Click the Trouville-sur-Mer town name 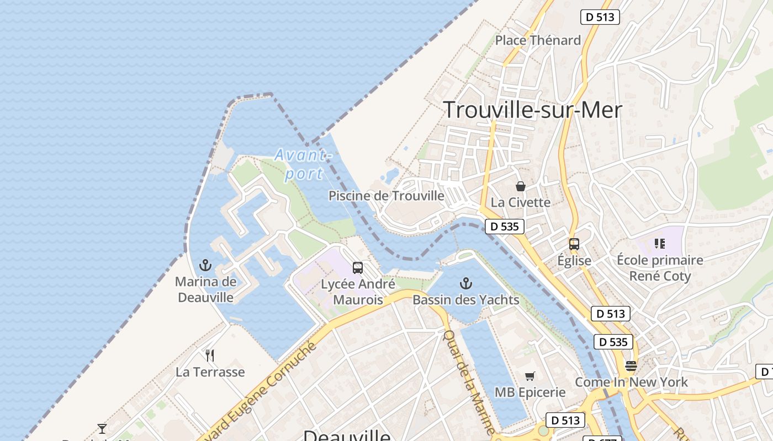point(532,110)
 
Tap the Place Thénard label point(538,40)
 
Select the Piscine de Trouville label point(386,196)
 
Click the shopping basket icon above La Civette point(520,186)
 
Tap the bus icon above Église point(574,244)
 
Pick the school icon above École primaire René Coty point(659,243)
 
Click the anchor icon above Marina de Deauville point(205,265)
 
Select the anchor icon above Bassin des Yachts point(466,284)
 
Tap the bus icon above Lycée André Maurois point(358,268)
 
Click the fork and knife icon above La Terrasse point(210,355)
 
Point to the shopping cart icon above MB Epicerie point(530,376)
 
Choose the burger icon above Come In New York point(631,365)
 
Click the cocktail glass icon point(102,428)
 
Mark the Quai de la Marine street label point(469,381)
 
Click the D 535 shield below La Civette point(505,226)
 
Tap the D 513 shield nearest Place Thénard point(600,17)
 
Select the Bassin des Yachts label point(466,300)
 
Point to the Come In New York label point(631,382)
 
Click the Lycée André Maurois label point(358,292)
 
